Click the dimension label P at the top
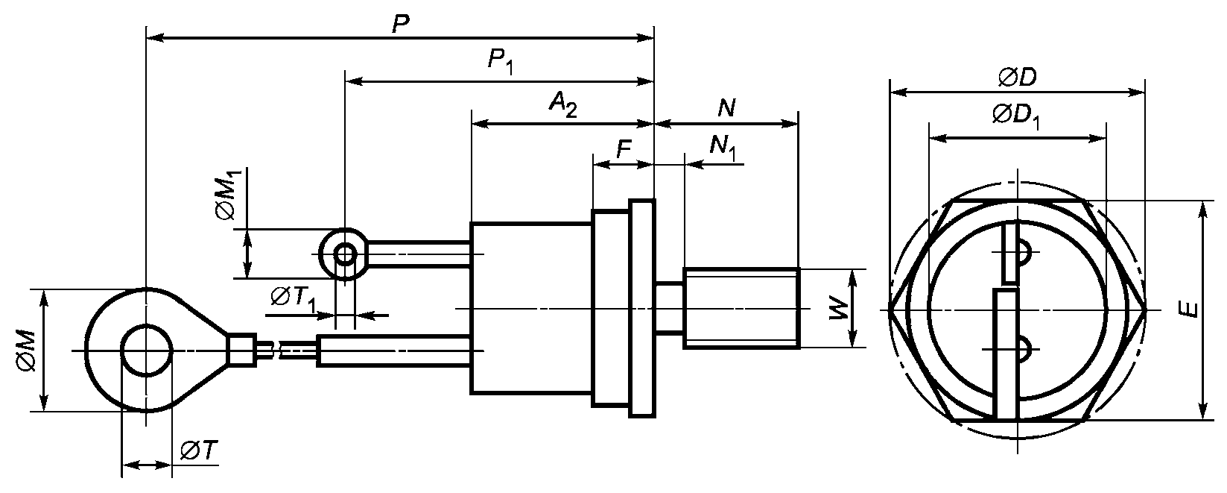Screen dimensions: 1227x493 pos(401,25)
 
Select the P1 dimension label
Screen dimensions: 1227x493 pos(501,61)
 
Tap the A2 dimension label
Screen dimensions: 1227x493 pos(563,104)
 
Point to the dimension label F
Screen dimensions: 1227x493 pos(624,148)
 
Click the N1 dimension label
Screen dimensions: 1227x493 pos(723,148)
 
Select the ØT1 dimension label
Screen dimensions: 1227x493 pos(294,299)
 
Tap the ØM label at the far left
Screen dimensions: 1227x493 pos(27,351)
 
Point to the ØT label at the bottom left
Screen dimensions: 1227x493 pos(199,450)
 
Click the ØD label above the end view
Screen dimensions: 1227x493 pos(1017,78)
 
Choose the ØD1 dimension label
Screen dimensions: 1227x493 pos(1015,116)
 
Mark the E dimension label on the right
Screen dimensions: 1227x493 pos(1188,310)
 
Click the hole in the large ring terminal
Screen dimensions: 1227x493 pos(146,350)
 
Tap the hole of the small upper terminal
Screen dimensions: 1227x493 pos(344,254)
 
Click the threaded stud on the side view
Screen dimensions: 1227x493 pos(742,308)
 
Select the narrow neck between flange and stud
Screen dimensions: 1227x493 pos(669,308)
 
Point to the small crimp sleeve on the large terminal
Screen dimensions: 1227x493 pos(241,350)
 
